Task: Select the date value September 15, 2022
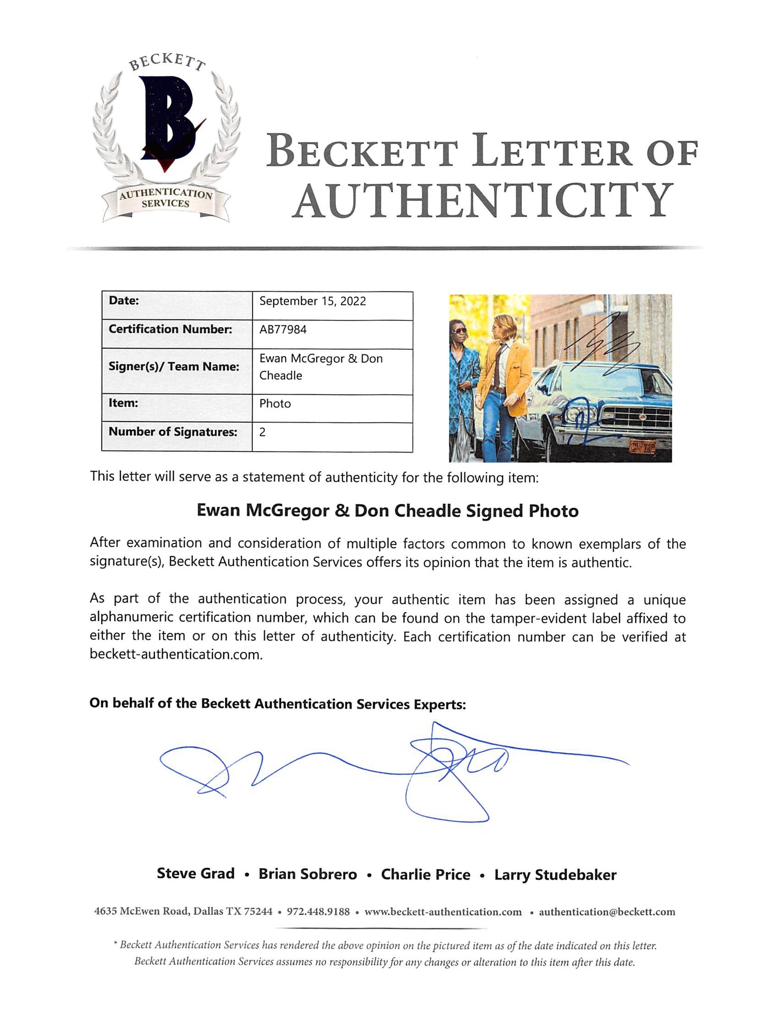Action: [313, 301]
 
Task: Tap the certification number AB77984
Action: [283, 330]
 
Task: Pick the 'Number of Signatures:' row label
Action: [173, 432]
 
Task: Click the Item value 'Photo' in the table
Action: [275, 403]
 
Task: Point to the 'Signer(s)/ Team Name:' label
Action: [174, 367]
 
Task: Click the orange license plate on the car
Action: [641, 446]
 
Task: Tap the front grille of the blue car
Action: [636, 417]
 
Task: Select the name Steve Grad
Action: [195, 874]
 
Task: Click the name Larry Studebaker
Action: [555, 875]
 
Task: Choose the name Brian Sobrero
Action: [307, 874]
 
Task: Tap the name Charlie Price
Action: [426, 875]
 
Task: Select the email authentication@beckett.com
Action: [607, 912]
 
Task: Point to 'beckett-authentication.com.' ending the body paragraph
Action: [176, 655]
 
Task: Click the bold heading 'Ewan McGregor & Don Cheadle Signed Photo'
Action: [388, 511]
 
